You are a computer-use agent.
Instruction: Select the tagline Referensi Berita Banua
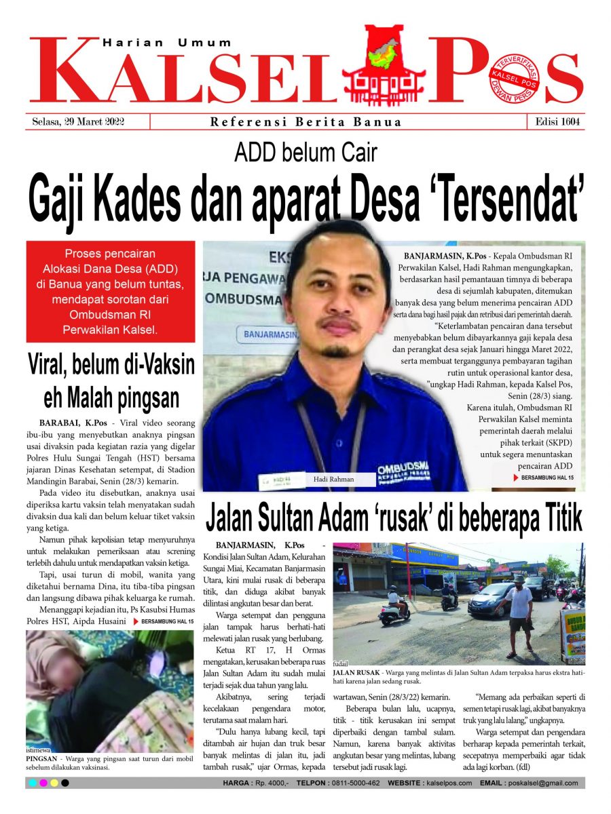click(x=305, y=122)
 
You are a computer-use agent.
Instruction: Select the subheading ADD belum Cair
click(x=305, y=153)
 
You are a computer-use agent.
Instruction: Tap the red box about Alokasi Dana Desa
click(x=111, y=292)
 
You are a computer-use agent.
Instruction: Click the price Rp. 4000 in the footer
click(x=270, y=783)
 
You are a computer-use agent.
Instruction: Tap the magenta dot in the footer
click(x=43, y=783)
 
